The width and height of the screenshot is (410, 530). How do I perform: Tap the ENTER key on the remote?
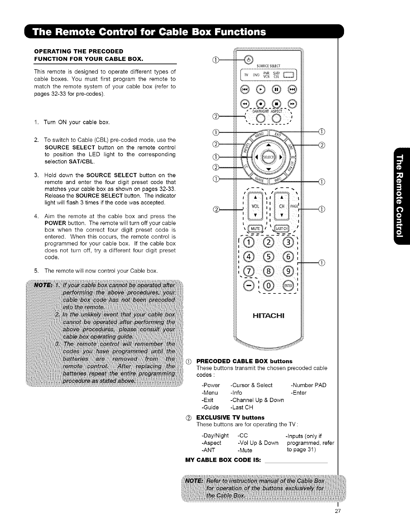[x=288, y=285]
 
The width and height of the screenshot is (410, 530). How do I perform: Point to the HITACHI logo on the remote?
[x=269, y=316]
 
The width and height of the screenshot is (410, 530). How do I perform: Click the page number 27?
[x=337, y=520]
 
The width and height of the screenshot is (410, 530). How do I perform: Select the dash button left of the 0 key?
[x=250, y=285]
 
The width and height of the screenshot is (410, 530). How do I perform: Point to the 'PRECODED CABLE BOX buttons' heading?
[x=244, y=361]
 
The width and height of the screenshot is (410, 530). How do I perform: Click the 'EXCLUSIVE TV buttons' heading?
[x=230, y=418]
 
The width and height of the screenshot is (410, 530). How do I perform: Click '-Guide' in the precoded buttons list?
[x=210, y=407]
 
